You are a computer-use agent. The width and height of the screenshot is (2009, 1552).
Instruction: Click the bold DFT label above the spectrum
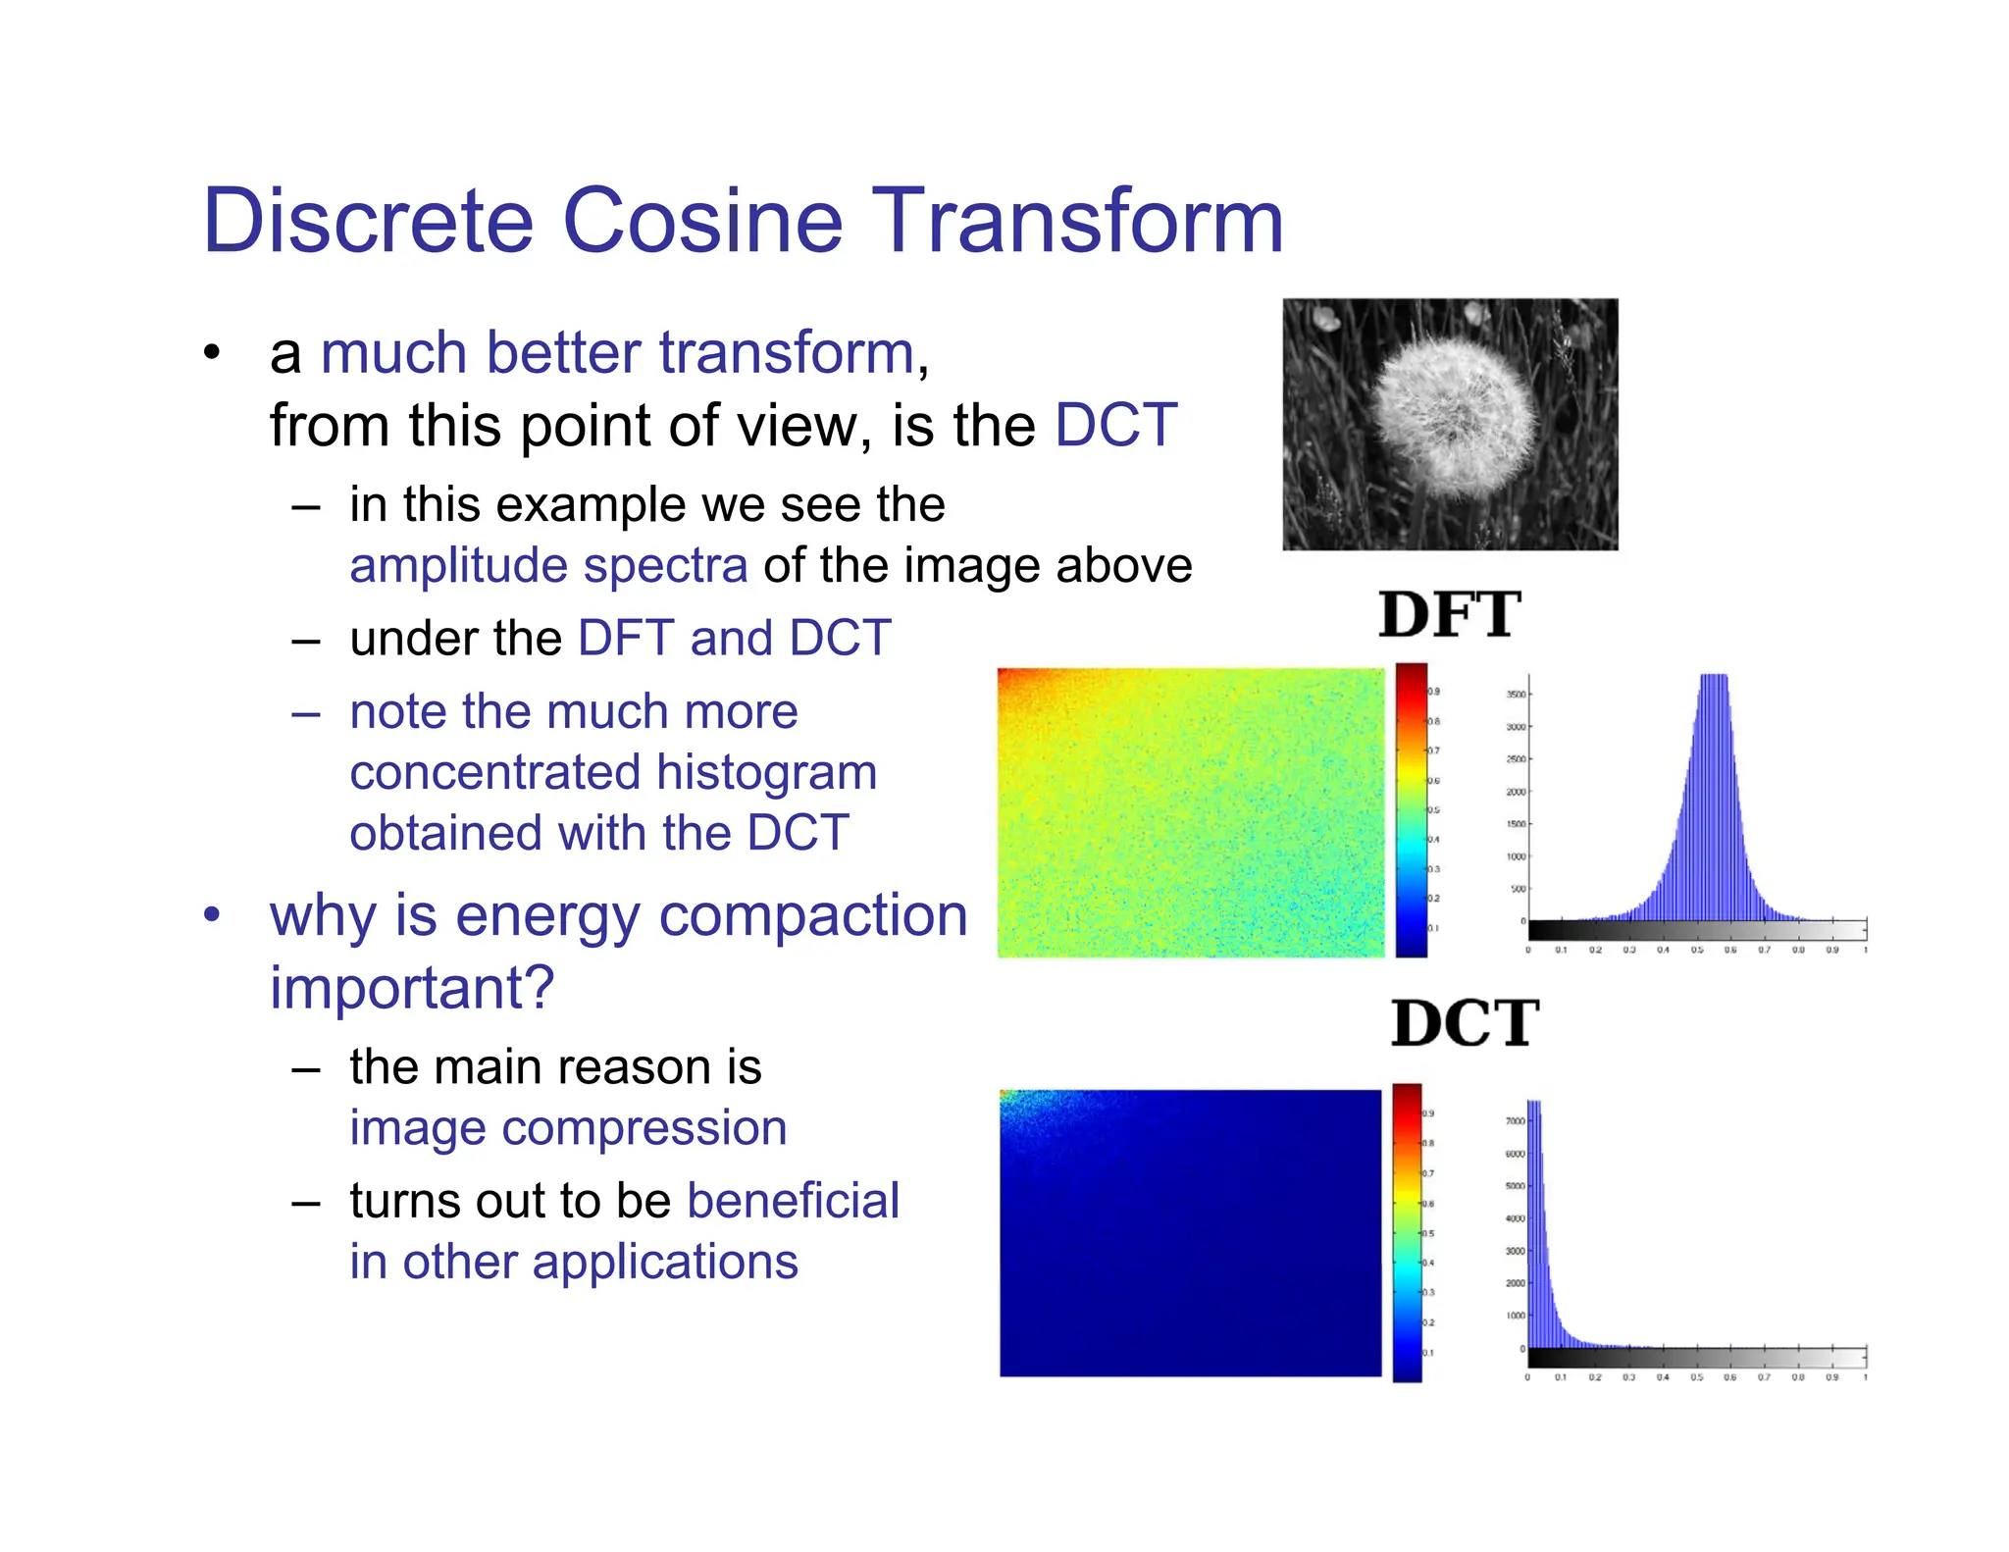[1449, 615]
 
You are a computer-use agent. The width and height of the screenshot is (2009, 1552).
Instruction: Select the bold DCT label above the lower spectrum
[1465, 1023]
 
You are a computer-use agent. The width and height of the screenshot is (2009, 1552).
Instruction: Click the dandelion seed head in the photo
[1454, 412]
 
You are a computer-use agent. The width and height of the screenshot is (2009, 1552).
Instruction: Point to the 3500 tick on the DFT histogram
[1516, 695]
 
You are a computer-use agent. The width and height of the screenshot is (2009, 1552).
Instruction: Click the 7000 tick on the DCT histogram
[1515, 1120]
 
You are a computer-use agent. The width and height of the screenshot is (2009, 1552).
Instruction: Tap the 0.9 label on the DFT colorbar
[1433, 692]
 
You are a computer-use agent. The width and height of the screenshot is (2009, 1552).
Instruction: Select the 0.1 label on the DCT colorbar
[1428, 1353]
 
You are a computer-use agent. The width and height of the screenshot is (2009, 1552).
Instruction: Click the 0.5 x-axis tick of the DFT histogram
[1696, 950]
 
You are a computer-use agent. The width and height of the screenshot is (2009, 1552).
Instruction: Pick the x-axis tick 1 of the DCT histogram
[1865, 1377]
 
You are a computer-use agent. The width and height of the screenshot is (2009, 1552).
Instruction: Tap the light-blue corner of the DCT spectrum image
[1012, 1101]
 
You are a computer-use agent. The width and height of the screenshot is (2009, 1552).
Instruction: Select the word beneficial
[793, 1201]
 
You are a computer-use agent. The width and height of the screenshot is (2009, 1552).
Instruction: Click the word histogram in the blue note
[766, 772]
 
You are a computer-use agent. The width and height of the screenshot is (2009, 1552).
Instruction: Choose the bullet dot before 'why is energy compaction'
[212, 915]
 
